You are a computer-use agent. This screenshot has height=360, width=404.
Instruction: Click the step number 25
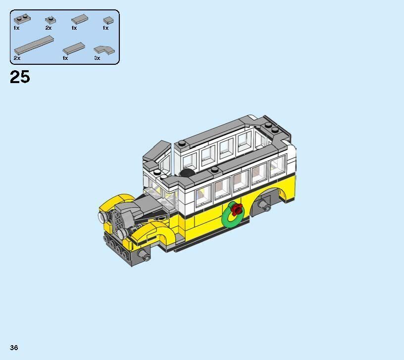click(20, 77)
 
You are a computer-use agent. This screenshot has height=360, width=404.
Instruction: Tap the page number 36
click(14, 348)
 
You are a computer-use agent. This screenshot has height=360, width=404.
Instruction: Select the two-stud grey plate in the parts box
click(21, 20)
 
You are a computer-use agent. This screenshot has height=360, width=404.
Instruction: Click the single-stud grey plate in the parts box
click(50, 20)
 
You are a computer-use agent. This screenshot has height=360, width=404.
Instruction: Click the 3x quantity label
click(97, 58)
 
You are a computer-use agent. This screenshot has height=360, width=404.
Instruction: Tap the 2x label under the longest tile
click(17, 58)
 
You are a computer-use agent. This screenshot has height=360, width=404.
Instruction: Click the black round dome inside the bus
click(187, 173)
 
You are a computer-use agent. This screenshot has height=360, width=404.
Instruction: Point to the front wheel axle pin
click(144, 255)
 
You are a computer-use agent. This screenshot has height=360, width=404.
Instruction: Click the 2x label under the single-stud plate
click(49, 28)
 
